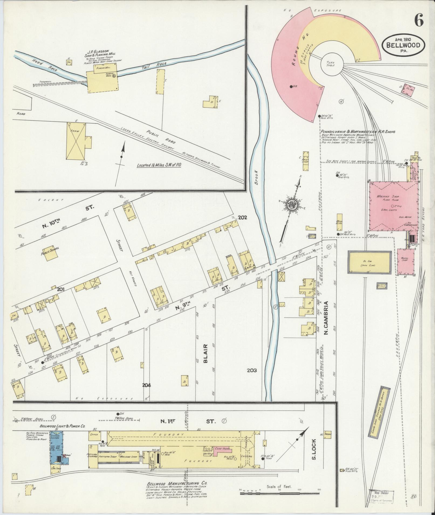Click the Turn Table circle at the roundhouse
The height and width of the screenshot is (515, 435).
(330, 64)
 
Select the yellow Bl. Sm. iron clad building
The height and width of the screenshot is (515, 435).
(369, 262)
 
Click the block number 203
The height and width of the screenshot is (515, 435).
(252, 370)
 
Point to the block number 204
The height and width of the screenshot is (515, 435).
(147, 385)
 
